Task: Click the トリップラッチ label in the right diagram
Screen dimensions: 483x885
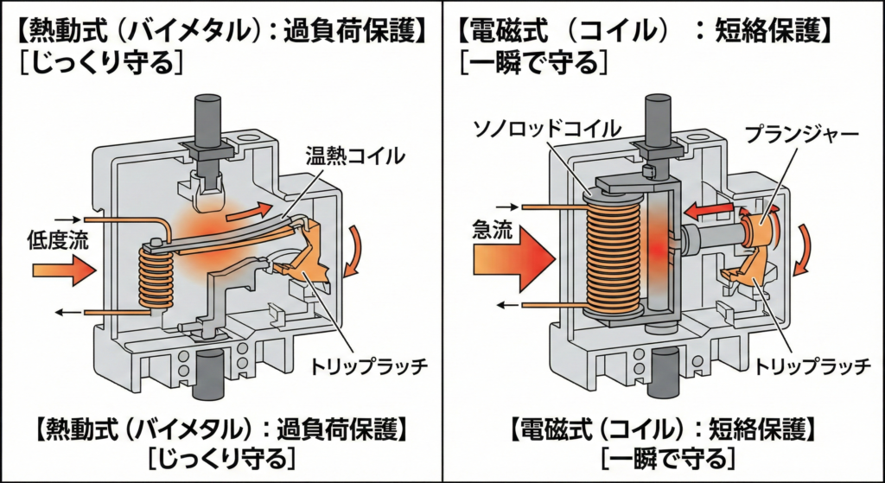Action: coord(813,367)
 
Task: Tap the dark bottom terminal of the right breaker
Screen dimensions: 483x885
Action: coord(665,373)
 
